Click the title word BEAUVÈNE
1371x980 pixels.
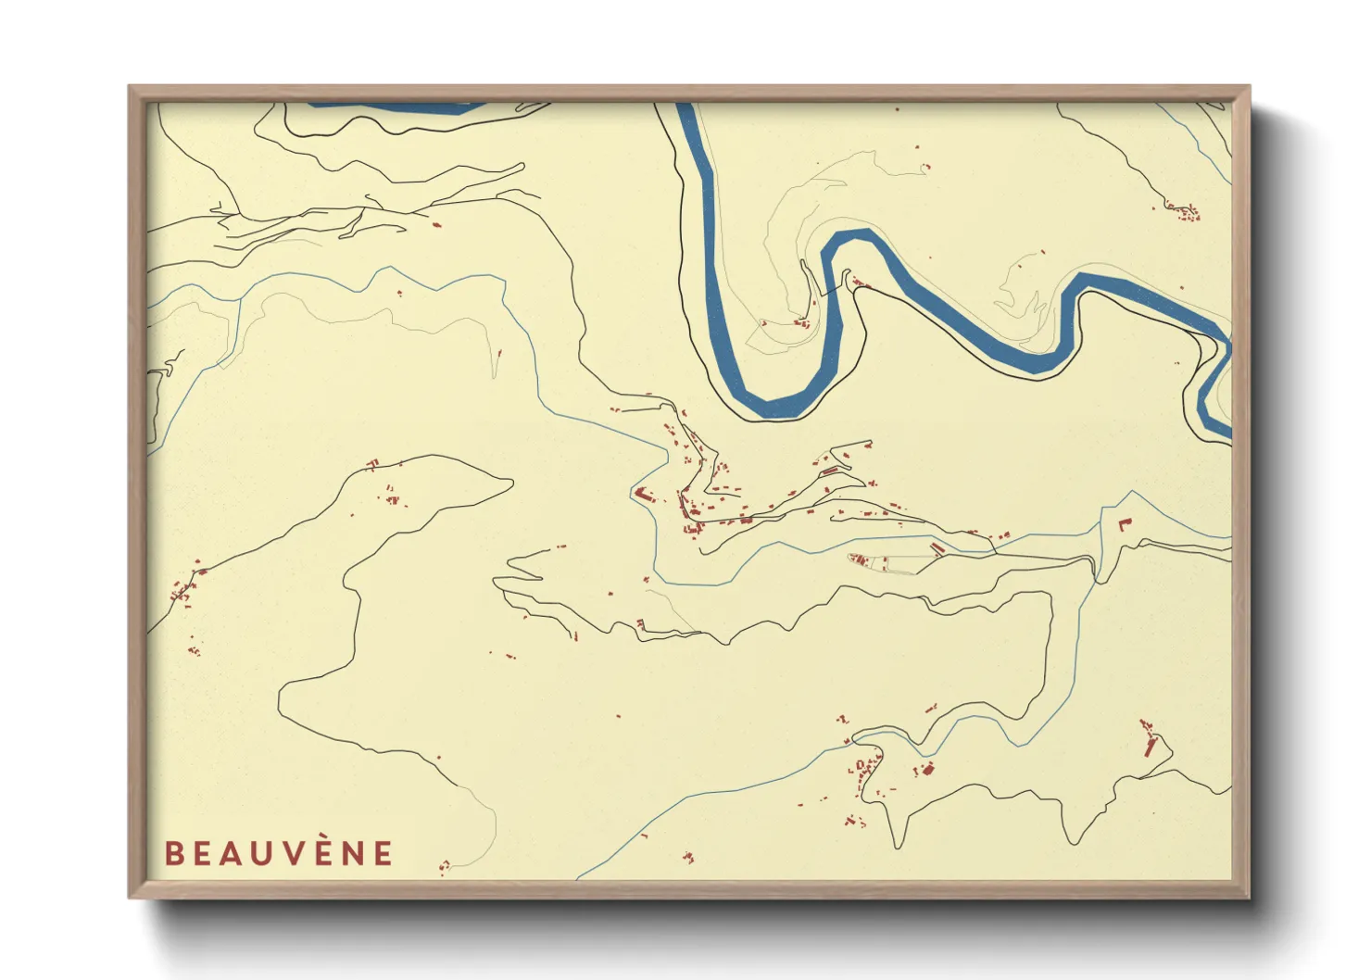[x=279, y=853]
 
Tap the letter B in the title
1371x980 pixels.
[x=173, y=853]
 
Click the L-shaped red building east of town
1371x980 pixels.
[x=1124, y=524]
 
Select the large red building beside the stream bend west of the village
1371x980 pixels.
[x=643, y=495]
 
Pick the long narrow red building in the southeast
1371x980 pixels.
[x=1151, y=746]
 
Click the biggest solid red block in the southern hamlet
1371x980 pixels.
[x=926, y=768]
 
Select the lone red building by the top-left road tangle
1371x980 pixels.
[x=436, y=224]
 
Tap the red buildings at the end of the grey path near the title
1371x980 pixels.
[x=444, y=867]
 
